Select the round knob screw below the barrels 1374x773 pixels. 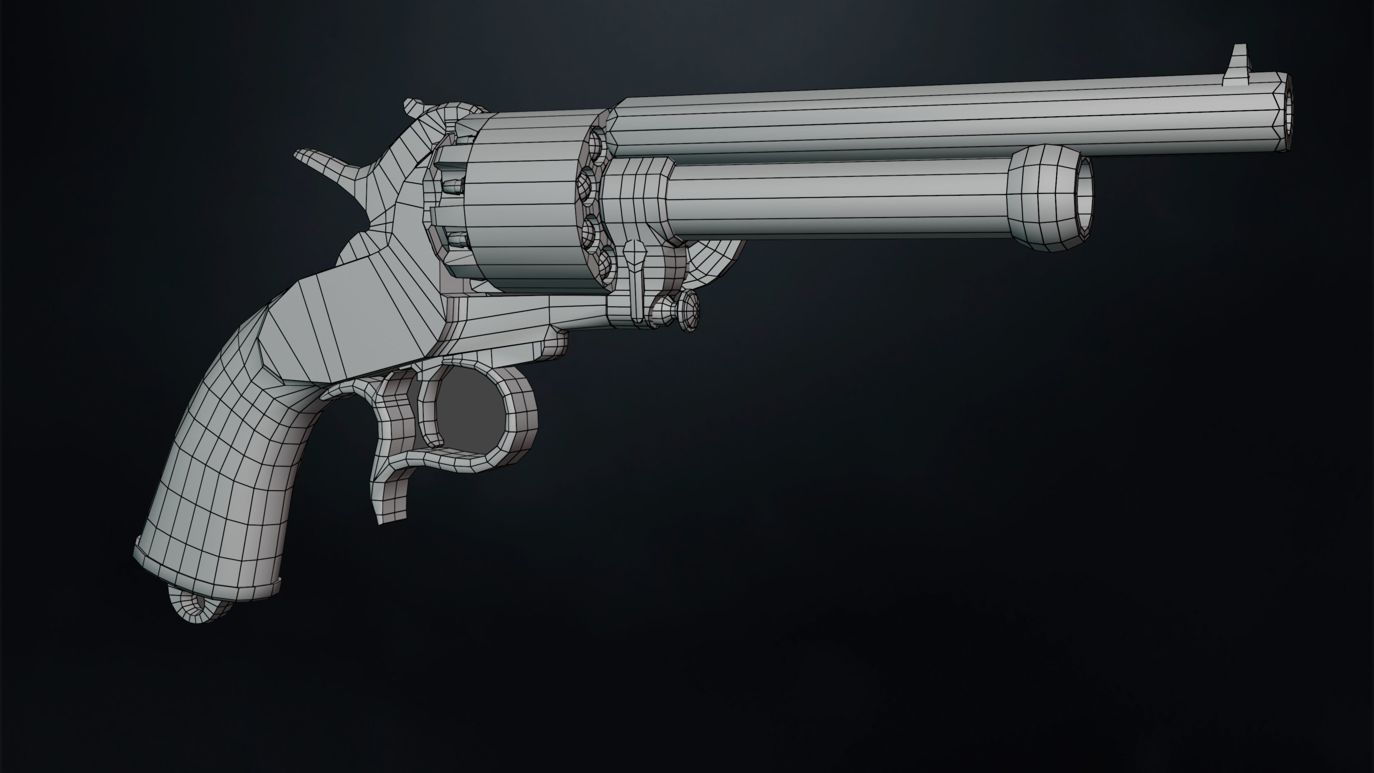689,312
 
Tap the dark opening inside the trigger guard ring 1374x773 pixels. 469,422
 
